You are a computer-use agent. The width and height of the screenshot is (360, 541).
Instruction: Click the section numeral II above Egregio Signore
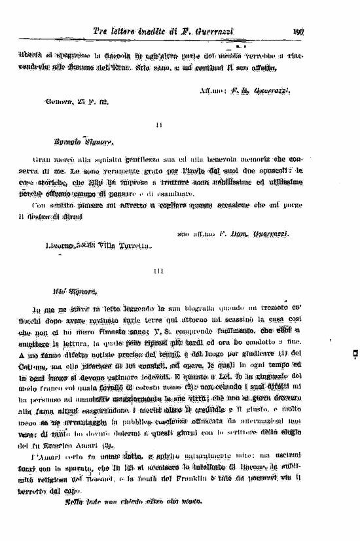pos(159,124)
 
